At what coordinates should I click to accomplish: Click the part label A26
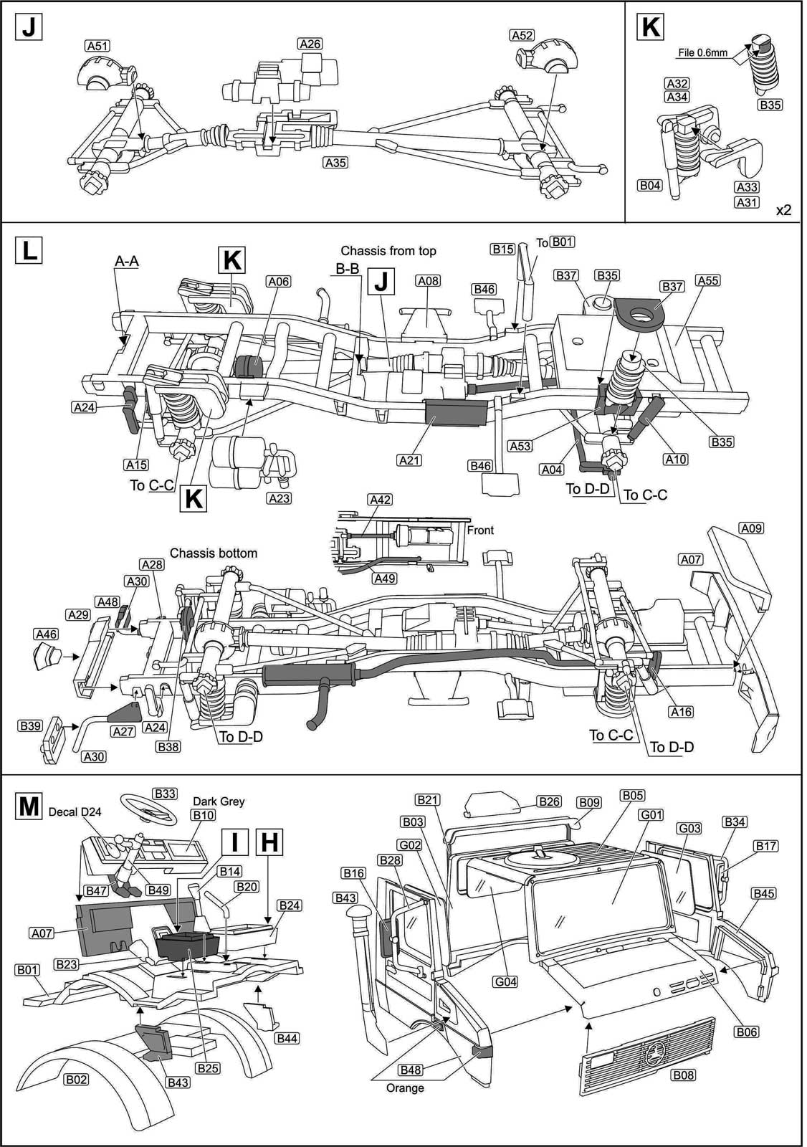310,44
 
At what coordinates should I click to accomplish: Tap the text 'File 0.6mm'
703,52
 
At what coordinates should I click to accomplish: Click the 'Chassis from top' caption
388,251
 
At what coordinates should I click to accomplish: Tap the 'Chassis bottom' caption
213,553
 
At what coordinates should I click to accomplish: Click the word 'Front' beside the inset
480,530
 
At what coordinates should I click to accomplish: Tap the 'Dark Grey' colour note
219,801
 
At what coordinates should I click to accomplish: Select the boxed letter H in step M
268,843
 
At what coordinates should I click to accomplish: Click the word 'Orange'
406,1087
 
